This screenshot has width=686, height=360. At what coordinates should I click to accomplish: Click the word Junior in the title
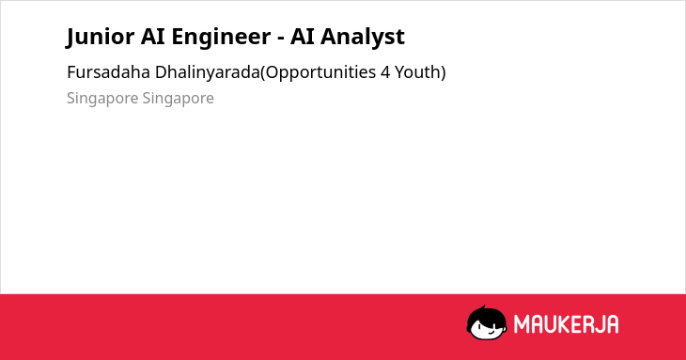[101, 37]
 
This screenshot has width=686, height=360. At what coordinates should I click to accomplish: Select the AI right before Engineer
[152, 36]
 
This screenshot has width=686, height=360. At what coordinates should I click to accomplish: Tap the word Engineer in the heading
[221, 38]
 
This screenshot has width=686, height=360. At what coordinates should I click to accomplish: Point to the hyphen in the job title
[281, 39]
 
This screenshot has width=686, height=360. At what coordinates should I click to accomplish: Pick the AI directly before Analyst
[303, 36]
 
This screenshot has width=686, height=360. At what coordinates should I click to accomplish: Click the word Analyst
[363, 38]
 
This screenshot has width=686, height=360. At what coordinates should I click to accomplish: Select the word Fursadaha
[108, 72]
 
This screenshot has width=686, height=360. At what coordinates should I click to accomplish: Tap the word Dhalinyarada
[208, 73]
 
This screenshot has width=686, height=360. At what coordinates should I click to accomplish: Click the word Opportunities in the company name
[320, 73]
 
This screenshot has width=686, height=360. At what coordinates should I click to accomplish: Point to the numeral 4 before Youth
[385, 72]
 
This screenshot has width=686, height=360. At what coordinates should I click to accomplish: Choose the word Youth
[418, 72]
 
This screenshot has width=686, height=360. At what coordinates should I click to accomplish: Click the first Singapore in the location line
[102, 99]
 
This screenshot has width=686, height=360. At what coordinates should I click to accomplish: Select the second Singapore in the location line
[178, 99]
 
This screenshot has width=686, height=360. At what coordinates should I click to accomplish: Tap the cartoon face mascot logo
[487, 322]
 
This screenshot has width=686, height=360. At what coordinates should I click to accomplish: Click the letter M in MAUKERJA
[521, 324]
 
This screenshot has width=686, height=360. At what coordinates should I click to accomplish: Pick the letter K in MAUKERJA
[566, 324]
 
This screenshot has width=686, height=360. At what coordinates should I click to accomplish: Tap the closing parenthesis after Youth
[444, 73]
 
